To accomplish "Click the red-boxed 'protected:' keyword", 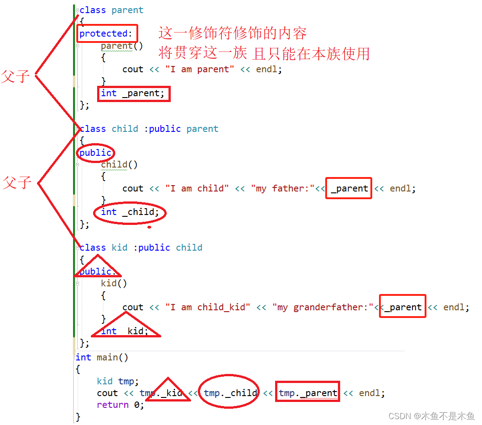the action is (107, 34).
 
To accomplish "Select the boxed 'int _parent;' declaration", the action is (134, 93).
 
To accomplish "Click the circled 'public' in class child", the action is (95, 153).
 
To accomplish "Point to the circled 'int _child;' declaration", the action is (130, 212).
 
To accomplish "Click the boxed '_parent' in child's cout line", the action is (349, 188).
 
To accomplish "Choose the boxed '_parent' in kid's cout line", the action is (402, 307).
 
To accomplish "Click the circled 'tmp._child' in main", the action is (230, 393).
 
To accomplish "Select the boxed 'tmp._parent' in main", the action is (308, 393).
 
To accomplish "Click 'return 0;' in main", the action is (121, 405).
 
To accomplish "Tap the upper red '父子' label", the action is (15, 76).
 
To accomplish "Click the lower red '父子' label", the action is (17, 183).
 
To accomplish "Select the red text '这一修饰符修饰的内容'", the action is (232, 33).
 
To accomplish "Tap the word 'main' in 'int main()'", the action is (107, 357).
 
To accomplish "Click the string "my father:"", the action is (282, 188).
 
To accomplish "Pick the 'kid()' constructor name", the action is (114, 283).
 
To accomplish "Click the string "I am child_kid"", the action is (208, 307).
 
